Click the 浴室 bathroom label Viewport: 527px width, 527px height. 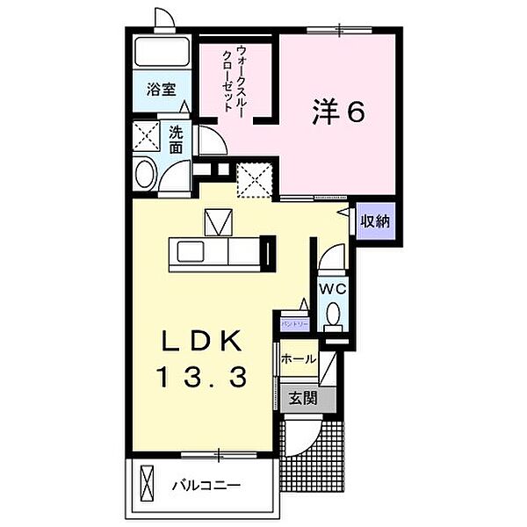click(x=160, y=90)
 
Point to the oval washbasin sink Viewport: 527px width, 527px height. click(x=146, y=173)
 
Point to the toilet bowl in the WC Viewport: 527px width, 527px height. click(x=334, y=313)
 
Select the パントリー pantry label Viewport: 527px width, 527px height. click(x=293, y=324)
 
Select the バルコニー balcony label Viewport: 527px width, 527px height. click(x=206, y=485)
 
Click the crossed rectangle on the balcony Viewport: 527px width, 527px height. click(x=147, y=484)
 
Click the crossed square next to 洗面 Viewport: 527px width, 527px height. click(x=146, y=136)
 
